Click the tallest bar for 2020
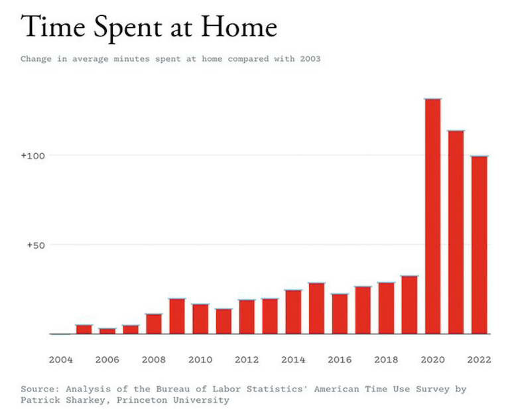432,216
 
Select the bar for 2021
456,232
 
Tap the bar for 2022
479,245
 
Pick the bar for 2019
409,305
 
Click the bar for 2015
316,309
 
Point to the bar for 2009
177,316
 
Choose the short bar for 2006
107,330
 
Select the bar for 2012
247,317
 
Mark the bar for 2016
340,314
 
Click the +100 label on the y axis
32,155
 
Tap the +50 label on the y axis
35,245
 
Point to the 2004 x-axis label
61,360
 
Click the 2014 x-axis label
293,360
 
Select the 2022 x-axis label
479,360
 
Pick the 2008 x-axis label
154,360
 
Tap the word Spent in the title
127,28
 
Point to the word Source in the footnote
37,389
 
